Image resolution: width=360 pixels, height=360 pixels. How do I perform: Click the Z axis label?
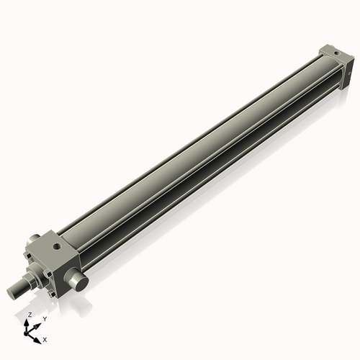point(30,315)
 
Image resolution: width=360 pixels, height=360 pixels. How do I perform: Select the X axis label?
point(45,338)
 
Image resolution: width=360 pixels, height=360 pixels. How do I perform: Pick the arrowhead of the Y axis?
point(38,323)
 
